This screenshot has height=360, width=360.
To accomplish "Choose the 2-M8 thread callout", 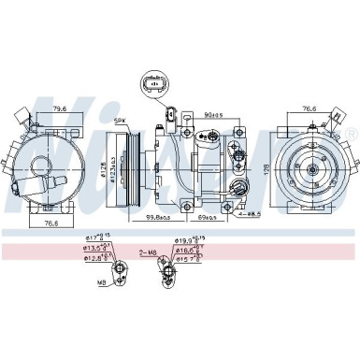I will pyautogui.click(x=149, y=252).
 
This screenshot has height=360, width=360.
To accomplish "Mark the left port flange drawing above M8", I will pyautogui.click(x=119, y=273).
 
